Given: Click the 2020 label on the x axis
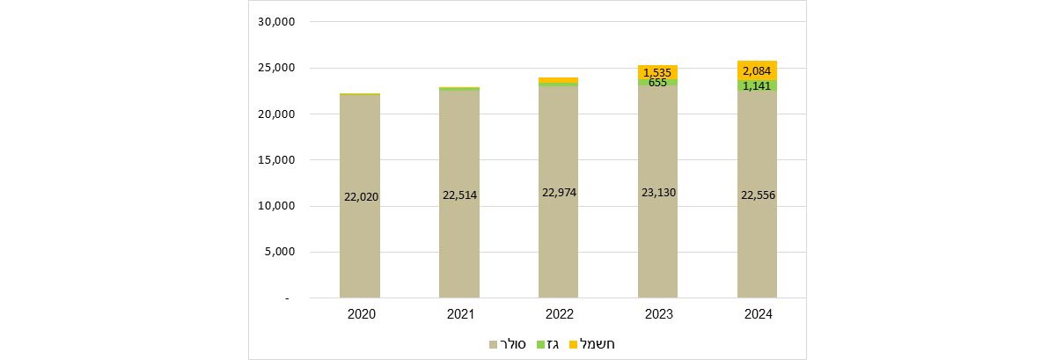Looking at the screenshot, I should tap(360, 314).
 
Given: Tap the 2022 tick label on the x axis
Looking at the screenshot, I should tap(559, 314).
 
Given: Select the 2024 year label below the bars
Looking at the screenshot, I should tap(758, 314).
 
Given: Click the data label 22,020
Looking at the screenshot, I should tap(360, 197).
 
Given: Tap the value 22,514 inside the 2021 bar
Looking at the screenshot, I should tap(459, 195).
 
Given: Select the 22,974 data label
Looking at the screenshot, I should tap(559, 193).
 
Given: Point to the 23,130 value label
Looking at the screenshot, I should tap(658, 192).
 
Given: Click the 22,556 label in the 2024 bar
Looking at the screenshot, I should tap(758, 195).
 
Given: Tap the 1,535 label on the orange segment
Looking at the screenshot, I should tap(658, 72).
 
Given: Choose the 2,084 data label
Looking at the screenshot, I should tap(758, 70).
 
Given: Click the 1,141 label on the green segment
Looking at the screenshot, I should tap(758, 86).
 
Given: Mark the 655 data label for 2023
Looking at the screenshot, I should tap(658, 83).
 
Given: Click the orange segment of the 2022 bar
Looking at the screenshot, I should tap(559, 80).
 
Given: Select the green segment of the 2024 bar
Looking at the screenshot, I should tap(744, 85).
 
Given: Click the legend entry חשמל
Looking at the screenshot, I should tap(590, 343).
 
